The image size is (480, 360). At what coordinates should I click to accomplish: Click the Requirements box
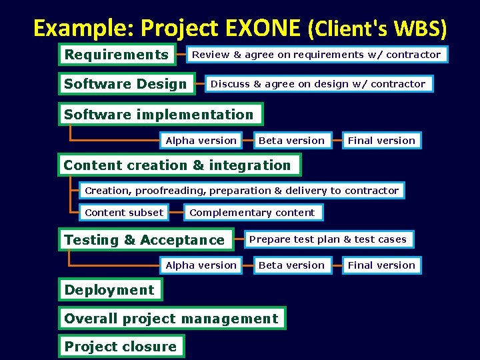[117, 55]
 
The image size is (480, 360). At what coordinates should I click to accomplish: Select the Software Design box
[126, 84]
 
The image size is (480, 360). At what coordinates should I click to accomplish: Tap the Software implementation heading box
[160, 115]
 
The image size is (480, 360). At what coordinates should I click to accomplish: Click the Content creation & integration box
[179, 165]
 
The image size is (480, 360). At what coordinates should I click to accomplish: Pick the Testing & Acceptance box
[145, 240]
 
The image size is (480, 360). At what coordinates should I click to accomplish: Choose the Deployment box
[109, 290]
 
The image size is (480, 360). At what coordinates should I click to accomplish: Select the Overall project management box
[171, 319]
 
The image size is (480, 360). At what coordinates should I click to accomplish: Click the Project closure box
[121, 347]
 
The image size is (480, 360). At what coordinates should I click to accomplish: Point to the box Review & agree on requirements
[317, 55]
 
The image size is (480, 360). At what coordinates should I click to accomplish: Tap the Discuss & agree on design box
[318, 84]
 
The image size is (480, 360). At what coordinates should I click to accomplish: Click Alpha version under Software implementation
[201, 141]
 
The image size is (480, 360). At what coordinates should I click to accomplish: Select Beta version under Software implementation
[291, 141]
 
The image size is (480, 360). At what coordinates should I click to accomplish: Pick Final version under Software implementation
[381, 141]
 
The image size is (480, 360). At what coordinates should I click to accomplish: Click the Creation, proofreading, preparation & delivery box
[241, 191]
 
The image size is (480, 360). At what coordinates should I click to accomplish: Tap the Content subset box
[124, 213]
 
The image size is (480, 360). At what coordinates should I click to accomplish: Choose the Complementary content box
[253, 213]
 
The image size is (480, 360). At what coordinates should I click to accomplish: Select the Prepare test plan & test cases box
[327, 239]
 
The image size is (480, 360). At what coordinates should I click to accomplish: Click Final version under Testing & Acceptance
[381, 265]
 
